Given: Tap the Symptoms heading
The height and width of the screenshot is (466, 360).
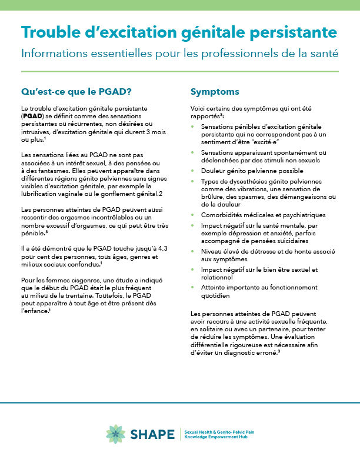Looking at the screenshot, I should (x=215, y=92).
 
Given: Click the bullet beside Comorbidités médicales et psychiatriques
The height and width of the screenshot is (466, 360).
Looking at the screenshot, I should (x=194, y=215).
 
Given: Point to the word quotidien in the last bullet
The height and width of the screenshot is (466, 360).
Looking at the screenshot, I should (x=215, y=296).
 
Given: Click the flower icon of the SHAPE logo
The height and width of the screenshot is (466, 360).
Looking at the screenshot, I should (x=115, y=434).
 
